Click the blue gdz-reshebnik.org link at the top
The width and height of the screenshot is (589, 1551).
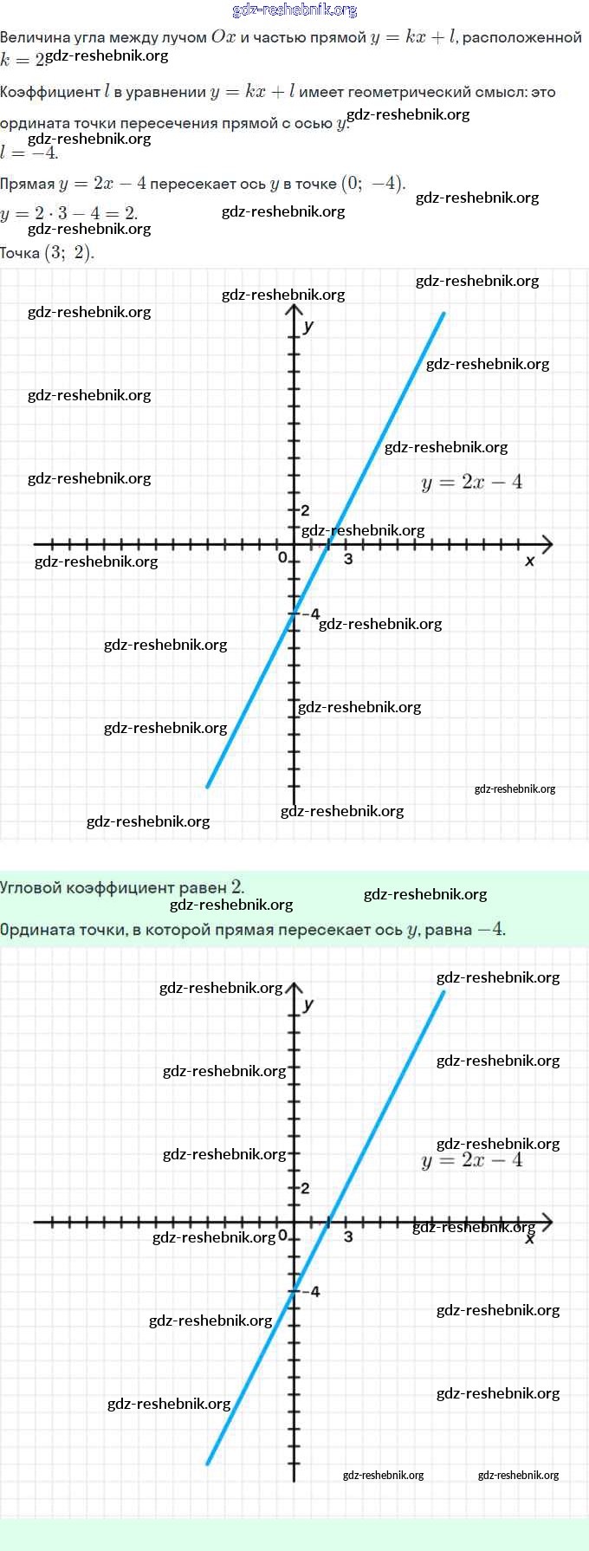tap(294, 10)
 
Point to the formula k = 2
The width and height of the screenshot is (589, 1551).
tap(22, 60)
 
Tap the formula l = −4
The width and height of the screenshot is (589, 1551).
tap(29, 153)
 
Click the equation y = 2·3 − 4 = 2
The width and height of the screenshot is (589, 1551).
tap(68, 213)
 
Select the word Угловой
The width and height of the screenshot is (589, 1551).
tap(32, 888)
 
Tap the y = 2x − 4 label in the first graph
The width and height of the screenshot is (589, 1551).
tap(472, 483)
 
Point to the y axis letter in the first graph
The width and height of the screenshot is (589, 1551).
tap(308, 326)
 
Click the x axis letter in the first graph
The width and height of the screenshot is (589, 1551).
tap(530, 561)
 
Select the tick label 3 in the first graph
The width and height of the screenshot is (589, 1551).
tap(348, 559)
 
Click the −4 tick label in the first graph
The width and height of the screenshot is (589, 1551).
tap(310, 613)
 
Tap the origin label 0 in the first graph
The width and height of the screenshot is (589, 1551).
tap(282, 558)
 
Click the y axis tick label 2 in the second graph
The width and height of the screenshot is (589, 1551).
tap(305, 1188)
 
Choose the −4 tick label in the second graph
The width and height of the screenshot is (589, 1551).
tap(311, 1292)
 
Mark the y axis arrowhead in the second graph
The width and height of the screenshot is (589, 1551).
tap(294, 989)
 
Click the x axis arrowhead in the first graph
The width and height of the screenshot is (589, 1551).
tap(547, 544)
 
